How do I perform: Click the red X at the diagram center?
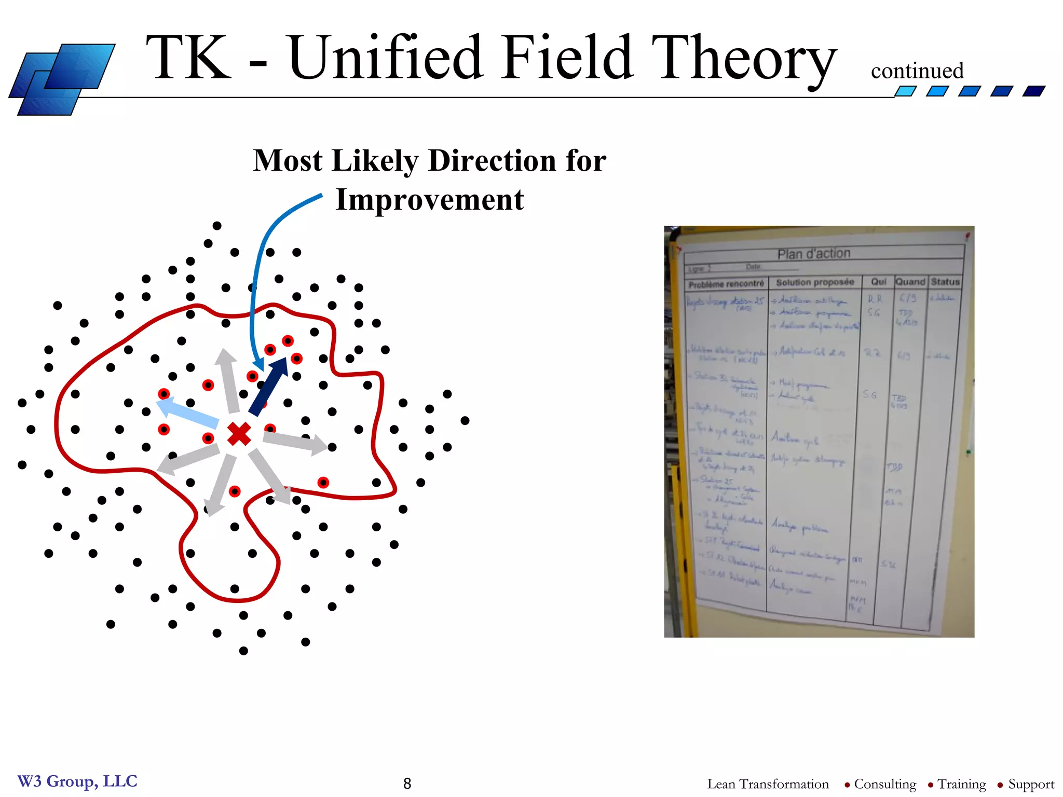coord(239,434)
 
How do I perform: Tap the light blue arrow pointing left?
coord(187,412)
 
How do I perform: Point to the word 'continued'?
coord(917,71)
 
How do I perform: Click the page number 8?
coord(407,784)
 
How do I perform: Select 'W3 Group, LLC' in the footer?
coord(77,781)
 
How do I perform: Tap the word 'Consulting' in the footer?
coord(885,784)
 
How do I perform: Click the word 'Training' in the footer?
coord(961,784)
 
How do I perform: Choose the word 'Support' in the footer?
coord(1031,784)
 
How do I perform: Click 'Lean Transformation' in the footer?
coord(768,784)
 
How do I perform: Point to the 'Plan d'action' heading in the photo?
coord(814,254)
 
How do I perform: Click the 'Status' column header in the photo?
coord(945,282)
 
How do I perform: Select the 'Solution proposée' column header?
coord(815,282)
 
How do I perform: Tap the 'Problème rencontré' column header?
coord(726,284)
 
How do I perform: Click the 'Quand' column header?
coord(910,282)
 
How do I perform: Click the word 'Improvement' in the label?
coord(430,200)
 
